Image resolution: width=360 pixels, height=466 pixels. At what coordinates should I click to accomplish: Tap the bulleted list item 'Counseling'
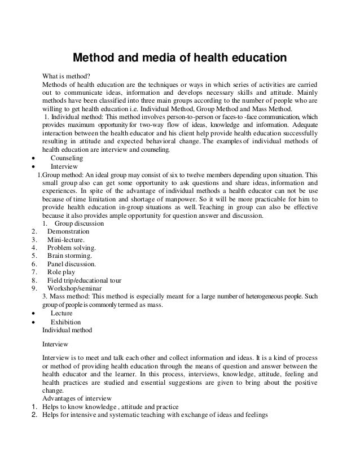67,159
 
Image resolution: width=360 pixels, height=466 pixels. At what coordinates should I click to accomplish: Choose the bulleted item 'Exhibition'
65,322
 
